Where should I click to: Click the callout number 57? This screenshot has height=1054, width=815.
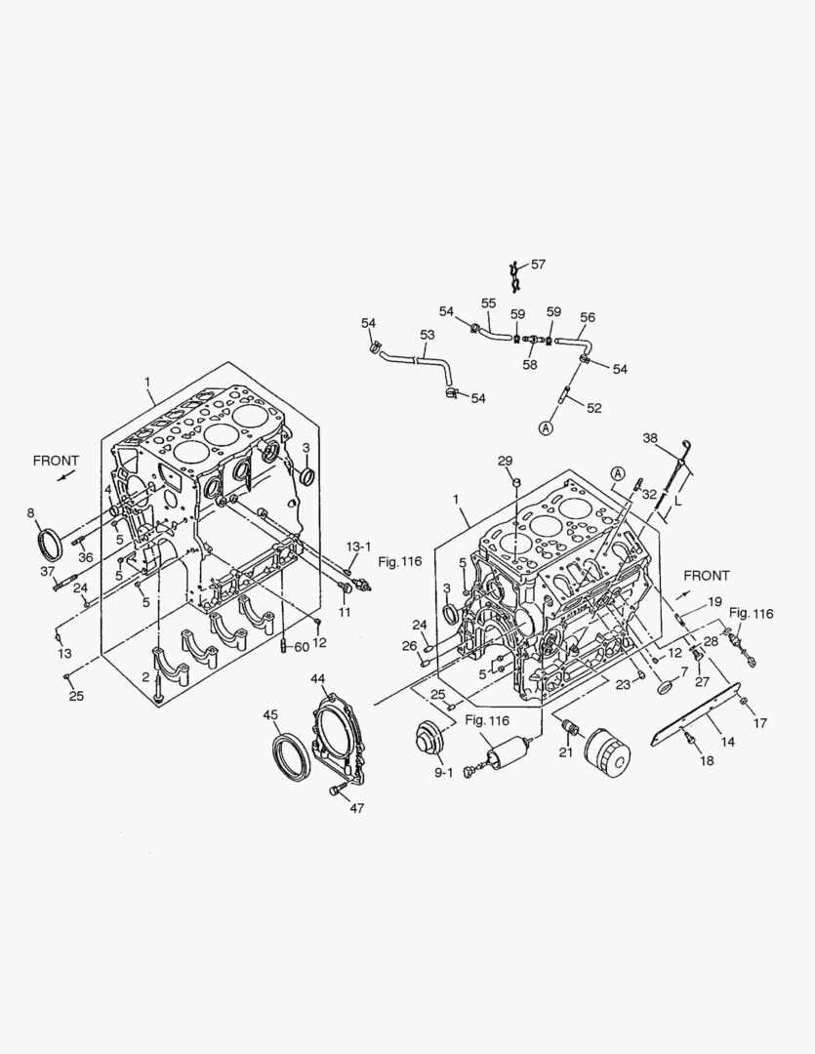538,264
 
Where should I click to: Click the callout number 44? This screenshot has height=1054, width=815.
318,678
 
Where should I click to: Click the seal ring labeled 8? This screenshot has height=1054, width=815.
49,542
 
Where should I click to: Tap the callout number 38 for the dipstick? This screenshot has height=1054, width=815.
650,439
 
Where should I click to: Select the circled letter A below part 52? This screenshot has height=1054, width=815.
546,426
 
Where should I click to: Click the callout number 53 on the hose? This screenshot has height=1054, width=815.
428,335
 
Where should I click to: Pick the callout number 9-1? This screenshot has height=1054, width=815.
444,772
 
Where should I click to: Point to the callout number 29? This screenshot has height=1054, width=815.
505,461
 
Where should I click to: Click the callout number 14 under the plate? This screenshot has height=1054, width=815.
727,742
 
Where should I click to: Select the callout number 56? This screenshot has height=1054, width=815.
587,317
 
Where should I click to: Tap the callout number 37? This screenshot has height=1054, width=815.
47,571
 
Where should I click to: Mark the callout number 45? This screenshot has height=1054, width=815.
270,714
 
